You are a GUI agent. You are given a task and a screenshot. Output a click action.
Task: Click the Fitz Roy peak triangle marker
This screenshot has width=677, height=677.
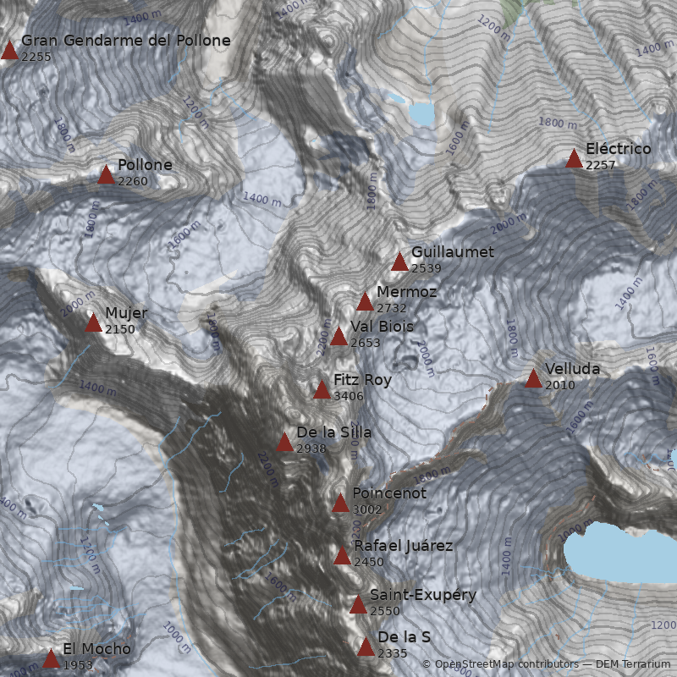coord(322,390)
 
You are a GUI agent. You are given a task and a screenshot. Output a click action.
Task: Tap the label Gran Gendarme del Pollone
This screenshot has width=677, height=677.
coord(125,41)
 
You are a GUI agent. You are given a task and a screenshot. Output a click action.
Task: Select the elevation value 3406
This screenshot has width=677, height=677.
coord(350,396)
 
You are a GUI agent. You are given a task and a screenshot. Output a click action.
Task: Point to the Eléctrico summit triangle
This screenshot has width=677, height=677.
coord(574,159)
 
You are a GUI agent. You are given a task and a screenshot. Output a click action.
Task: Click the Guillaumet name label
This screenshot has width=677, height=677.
coord(453,252)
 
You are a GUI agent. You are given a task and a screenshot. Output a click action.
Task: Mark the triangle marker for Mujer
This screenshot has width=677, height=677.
coord(93,323)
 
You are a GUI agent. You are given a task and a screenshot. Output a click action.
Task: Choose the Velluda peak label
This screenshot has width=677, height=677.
coord(572,369)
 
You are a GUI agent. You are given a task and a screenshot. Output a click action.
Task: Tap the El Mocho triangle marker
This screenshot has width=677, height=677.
coord(51,659)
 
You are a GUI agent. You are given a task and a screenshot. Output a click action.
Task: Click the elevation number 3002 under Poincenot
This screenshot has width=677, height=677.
coord(367,509)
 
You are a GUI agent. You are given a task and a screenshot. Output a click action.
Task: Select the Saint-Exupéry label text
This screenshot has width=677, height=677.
coord(423,595)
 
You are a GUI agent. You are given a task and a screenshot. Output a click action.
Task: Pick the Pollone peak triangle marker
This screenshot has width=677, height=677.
coord(106,175)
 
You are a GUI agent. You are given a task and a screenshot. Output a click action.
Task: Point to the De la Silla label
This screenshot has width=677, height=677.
coord(333,432)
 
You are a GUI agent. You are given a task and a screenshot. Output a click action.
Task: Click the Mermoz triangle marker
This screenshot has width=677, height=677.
coord(365,302)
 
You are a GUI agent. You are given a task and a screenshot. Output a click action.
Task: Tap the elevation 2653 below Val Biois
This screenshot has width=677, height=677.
coord(365,343)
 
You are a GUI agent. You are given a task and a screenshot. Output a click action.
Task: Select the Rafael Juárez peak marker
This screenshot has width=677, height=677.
coord(342,556)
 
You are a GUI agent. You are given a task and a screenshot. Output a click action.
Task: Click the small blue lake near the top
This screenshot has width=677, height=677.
coord(421,113)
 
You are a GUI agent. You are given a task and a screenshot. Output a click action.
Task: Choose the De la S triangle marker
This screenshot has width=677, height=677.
coord(366,647)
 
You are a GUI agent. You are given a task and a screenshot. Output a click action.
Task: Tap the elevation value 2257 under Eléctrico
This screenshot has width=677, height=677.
coord(600,165)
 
